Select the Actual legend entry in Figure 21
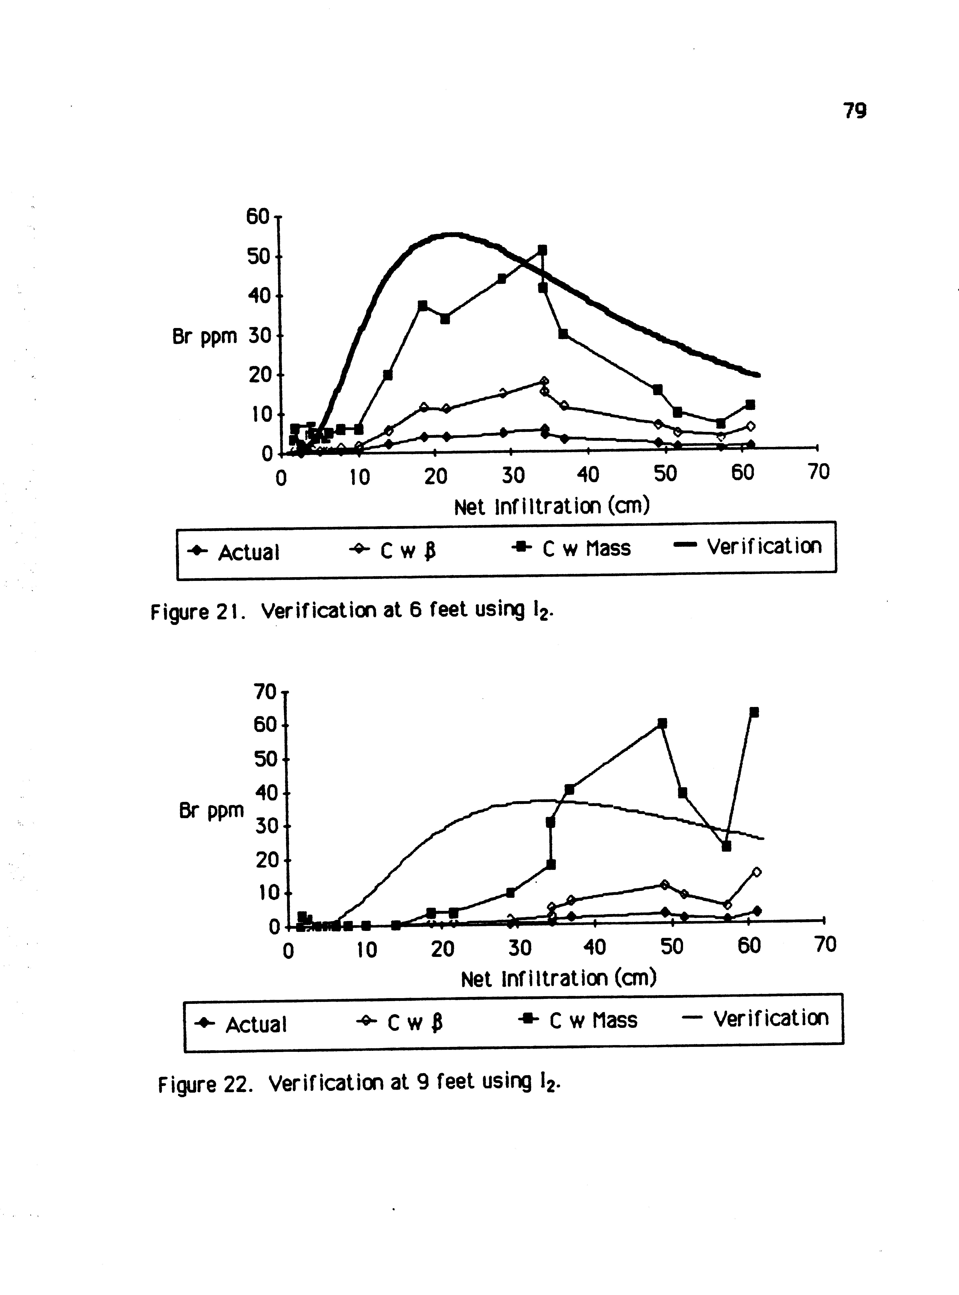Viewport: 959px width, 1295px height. pos(233,552)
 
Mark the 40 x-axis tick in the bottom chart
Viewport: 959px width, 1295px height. pos(594,947)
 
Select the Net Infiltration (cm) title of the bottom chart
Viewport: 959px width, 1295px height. pos(558,978)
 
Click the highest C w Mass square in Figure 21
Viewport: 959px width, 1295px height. pos(542,250)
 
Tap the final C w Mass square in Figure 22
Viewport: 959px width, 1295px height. pos(754,713)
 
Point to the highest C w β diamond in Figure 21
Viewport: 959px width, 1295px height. pos(544,382)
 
